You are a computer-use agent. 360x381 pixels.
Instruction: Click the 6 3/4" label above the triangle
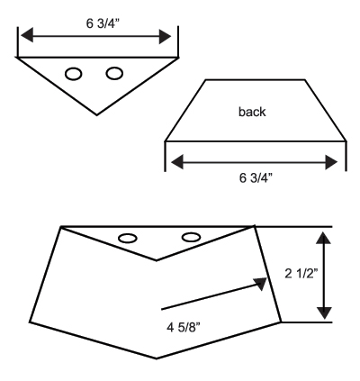tap(103, 23)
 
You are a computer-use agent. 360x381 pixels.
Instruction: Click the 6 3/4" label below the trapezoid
tap(256, 178)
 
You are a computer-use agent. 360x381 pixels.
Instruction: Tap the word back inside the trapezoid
tap(252, 112)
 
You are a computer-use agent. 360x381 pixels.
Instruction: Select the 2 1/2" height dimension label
tap(301, 274)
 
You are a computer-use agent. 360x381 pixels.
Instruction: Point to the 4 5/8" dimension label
tap(184, 327)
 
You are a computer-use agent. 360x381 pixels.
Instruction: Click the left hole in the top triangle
tap(74, 74)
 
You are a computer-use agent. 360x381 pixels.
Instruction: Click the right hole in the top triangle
tap(114, 73)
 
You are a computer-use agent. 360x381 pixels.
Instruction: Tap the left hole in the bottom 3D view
tap(128, 239)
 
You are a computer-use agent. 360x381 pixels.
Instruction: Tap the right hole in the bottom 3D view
tap(191, 237)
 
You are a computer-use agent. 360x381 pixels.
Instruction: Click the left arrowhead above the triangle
tap(26, 35)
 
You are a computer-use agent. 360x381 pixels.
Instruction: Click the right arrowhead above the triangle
tap(165, 37)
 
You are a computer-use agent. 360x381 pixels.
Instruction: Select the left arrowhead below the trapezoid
tap(177, 162)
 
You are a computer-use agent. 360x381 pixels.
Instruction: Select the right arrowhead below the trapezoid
tap(331, 162)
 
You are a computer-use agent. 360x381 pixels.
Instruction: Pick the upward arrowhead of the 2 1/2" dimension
tap(324, 238)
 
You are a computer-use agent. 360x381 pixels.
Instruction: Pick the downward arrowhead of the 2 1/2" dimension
tap(324, 313)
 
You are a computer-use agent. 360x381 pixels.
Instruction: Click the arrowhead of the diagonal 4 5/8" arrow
tap(261, 284)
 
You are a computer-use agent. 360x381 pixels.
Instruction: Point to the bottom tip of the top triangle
tap(96, 115)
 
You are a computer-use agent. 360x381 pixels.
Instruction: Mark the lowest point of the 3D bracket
tap(157, 358)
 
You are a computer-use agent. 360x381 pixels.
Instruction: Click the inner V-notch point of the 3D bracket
tap(156, 260)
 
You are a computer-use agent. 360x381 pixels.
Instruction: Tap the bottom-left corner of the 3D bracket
tap(30, 322)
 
